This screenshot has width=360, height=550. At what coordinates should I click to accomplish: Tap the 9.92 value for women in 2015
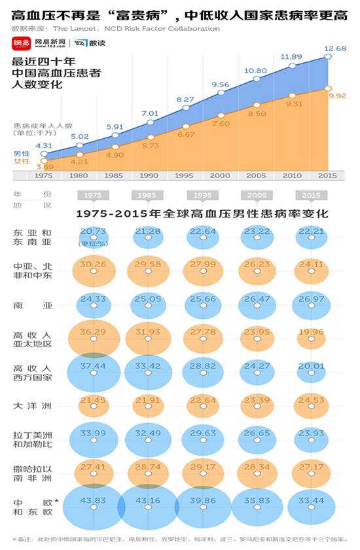(x=338, y=96)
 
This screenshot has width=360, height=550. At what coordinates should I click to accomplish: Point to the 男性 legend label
(x=21, y=153)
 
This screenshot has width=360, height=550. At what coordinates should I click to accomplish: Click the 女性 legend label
(x=21, y=161)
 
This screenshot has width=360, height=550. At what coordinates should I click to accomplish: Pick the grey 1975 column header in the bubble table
(x=93, y=196)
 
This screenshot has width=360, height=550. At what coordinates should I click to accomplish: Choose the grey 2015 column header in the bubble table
(x=312, y=196)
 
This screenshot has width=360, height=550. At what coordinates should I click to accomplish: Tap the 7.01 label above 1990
(x=151, y=113)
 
